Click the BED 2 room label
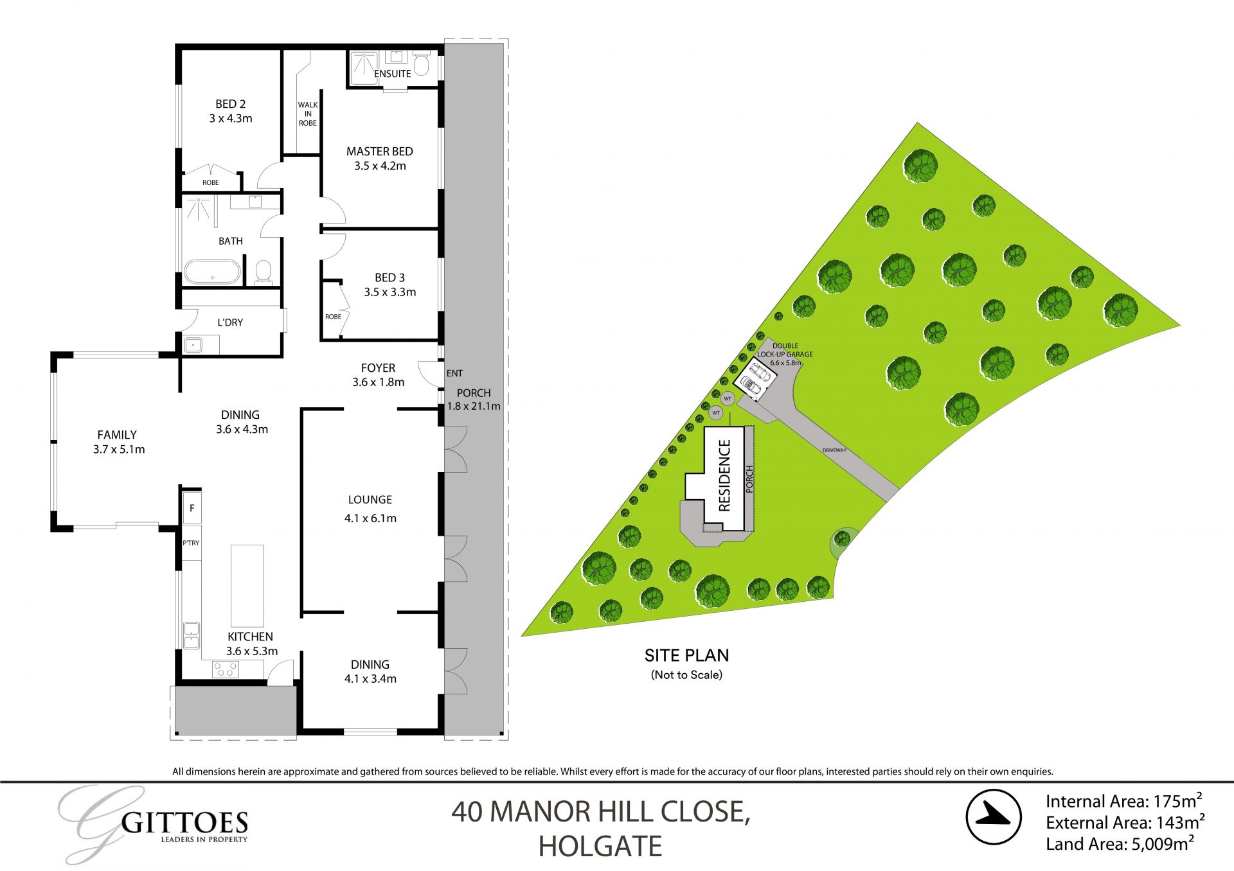(230, 104)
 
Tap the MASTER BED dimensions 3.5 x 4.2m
(380, 166)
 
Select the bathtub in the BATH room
(212, 272)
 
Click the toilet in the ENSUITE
(422, 64)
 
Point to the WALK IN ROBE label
(308, 114)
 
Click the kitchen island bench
(247, 585)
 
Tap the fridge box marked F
(192, 509)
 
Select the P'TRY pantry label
(191, 543)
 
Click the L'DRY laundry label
(230, 322)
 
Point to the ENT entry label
(454, 373)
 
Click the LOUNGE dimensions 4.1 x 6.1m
(370, 518)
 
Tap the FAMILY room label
(117, 435)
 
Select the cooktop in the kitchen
(225, 670)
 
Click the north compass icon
(994, 816)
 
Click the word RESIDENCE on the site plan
(725, 475)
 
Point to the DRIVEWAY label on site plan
(834, 450)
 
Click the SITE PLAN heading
(686, 655)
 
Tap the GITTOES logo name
(184, 823)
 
